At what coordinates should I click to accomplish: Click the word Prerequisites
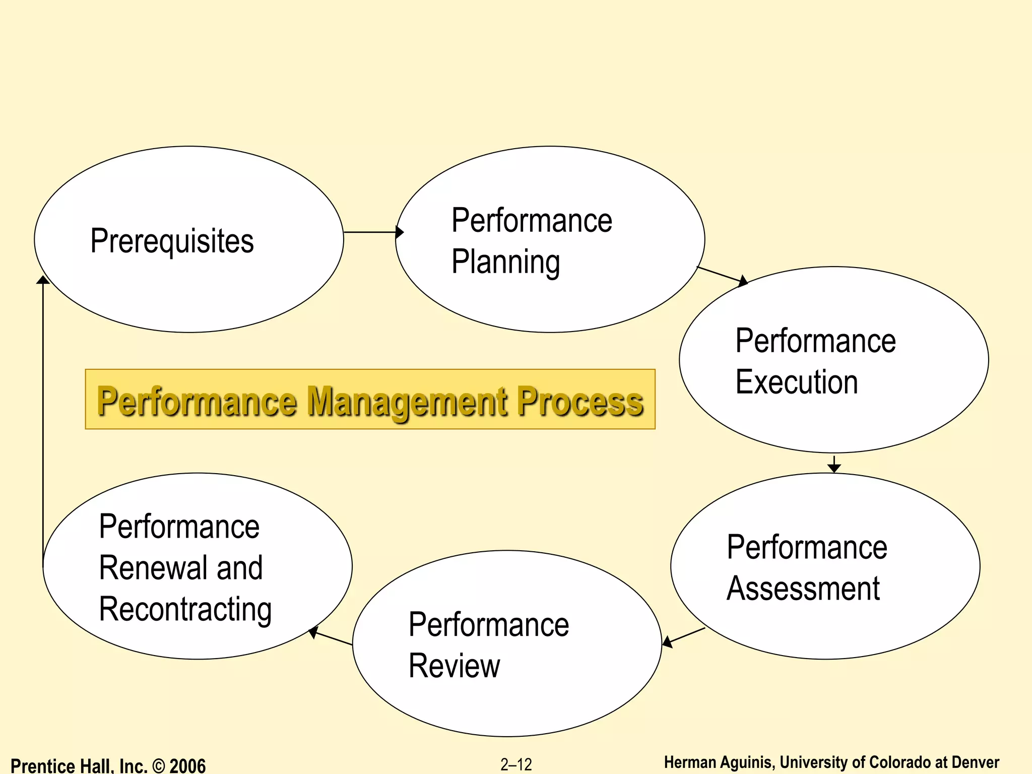172,241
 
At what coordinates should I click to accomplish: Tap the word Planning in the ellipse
505,262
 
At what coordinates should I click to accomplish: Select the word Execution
796,382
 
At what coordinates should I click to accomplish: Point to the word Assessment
803,589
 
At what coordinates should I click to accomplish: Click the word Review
454,666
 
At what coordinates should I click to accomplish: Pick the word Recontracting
185,610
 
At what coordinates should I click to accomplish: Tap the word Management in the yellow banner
407,402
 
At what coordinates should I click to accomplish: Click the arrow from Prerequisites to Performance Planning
373,232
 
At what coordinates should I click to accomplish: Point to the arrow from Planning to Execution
722,275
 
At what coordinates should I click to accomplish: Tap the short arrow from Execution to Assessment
834,464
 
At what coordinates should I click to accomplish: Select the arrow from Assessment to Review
684,636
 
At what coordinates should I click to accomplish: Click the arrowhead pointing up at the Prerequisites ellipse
43,280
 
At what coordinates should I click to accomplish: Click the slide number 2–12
516,765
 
